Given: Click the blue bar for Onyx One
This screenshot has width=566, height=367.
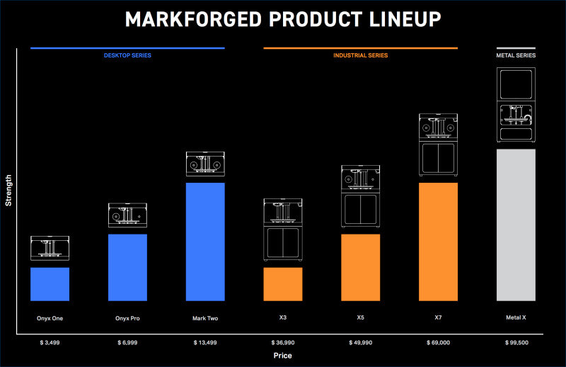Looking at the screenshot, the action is coord(50,284).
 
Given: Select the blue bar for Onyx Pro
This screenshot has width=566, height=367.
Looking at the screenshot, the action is coord(127,268).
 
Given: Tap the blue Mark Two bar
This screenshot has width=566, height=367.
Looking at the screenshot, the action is coord(205,242).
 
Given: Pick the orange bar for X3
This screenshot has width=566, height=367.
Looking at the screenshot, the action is coord(283,284).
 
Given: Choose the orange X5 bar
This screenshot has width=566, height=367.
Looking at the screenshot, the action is coord(361,268).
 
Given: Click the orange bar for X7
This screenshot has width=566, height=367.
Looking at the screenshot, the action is coord(438,242).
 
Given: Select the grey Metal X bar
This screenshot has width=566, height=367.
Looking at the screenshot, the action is coord(516,225).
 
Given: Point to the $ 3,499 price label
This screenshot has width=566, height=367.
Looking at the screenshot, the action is coord(50,342).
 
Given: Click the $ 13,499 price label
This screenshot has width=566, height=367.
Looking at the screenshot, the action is coord(205,342).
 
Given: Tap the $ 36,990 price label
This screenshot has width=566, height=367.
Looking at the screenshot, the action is coord(283,342).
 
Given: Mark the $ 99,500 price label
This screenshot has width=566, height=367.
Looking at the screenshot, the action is coord(516,342).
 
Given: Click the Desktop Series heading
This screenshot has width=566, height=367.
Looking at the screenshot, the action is coord(127,55).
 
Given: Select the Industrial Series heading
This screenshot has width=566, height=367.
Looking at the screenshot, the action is coord(361,55).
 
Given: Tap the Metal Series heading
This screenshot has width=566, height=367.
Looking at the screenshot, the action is coord(516,55).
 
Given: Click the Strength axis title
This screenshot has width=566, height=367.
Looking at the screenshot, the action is coord(8,191).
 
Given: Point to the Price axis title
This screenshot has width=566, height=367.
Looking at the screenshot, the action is coord(282,356).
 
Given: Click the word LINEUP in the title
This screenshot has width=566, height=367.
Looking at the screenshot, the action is coord(405,19).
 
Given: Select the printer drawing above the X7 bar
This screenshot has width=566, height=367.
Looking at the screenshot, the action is coord(438,145).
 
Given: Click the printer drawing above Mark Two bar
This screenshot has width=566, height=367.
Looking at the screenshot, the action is coord(205,164).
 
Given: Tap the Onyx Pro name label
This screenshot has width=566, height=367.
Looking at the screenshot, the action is coord(127,318).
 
